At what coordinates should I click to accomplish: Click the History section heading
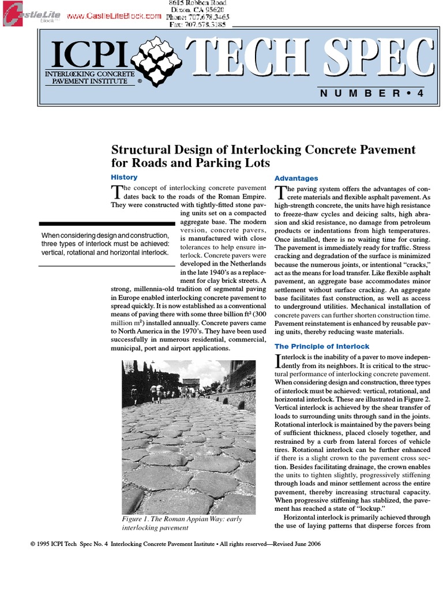coord(124,177)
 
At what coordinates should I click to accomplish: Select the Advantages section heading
coord(296,178)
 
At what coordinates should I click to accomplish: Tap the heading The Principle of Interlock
coord(322,346)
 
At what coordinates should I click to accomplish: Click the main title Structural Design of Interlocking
coord(263,156)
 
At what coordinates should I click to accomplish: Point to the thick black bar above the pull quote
coord(107,223)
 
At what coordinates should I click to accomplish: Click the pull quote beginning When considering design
coord(106,244)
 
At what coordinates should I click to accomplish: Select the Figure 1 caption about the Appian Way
coord(182,523)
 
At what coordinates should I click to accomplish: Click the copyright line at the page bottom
coord(174,544)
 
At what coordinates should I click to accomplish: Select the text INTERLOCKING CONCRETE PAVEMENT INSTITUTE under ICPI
coord(89,78)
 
